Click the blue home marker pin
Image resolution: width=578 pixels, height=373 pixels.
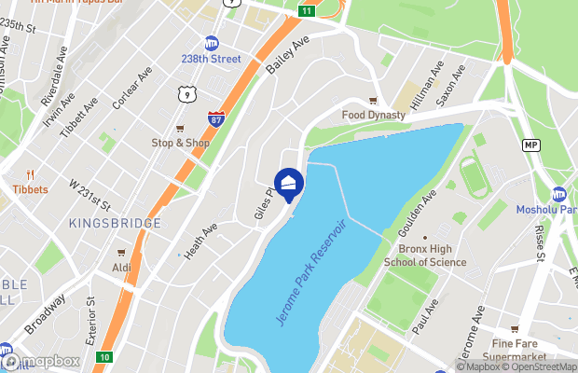289,184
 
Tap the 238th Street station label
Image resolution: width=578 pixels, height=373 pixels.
211,58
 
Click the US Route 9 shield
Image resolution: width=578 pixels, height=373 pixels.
188,94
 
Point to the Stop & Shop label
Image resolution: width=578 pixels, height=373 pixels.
181,143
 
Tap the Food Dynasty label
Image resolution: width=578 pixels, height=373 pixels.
373,115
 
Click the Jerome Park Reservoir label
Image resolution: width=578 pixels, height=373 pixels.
311,271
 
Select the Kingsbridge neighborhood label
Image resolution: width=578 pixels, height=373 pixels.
115,223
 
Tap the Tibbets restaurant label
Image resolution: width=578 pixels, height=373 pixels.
30,188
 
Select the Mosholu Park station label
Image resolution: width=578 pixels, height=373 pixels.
547,210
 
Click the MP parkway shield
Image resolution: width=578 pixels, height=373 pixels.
530,145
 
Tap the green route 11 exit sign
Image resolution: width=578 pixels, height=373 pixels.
306,9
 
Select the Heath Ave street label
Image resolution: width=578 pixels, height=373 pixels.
200,240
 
